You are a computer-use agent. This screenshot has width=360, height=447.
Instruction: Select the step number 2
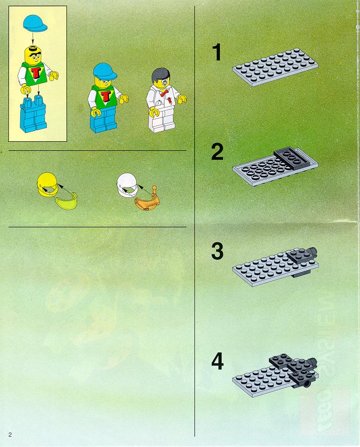point(217,152)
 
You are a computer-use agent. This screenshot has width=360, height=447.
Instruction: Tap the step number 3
point(217,251)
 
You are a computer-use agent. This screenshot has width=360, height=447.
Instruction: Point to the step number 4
point(217,361)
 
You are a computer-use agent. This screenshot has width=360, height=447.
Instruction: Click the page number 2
point(10,434)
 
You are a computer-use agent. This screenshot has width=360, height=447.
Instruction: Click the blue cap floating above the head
point(35,23)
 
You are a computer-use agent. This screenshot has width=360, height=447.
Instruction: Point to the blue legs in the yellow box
point(33,113)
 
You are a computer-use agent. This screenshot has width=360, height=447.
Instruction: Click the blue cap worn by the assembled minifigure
point(105,71)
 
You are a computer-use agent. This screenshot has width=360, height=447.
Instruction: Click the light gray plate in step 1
point(275,67)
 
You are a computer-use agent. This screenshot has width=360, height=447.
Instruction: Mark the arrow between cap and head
point(32,38)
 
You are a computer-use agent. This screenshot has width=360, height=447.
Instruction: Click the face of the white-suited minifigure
point(163,82)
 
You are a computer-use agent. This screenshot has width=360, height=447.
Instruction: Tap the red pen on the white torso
point(169,100)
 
